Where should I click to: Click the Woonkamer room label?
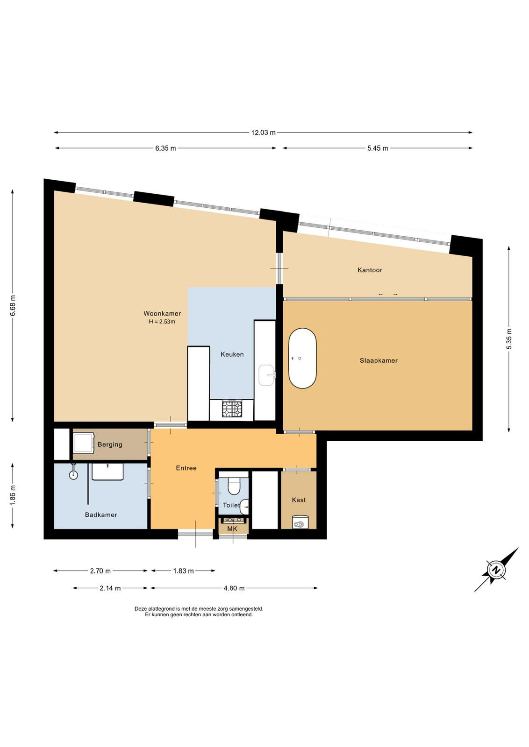pyautogui.click(x=162, y=313)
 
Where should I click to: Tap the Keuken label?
pyautogui.click(x=232, y=354)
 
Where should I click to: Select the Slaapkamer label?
pyautogui.click(x=379, y=360)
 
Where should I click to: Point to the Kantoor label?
pyautogui.click(x=370, y=270)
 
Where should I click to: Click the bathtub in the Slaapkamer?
pyautogui.click(x=302, y=359)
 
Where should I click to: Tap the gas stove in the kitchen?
pyautogui.click(x=232, y=409)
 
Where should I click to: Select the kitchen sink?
pyautogui.click(x=267, y=375)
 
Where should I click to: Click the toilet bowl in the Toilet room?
pyautogui.click(x=234, y=486)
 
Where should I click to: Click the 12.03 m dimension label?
pyautogui.click(x=264, y=133)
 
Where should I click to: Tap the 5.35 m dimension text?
pyautogui.click(x=508, y=339)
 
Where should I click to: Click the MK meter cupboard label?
pyautogui.click(x=232, y=529)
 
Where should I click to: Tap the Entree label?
pyautogui.click(x=186, y=468)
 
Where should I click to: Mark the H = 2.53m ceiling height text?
pyautogui.click(x=162, y=322)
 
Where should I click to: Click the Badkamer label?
pyautogui.click(x=101, y=515)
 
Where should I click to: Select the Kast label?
pyautogui.click(x=299, y=500)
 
